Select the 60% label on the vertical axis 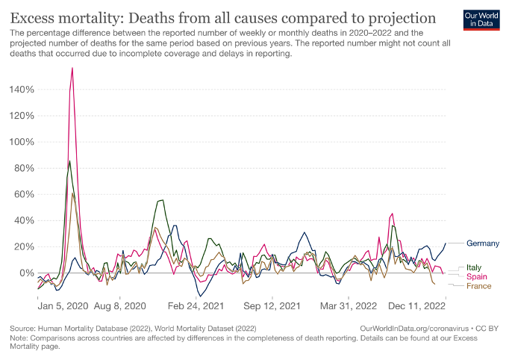[23, 194]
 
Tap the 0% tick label [26, 273]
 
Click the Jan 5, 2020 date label [62, 305]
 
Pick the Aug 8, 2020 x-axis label [121, 305]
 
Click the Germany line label [483, 243]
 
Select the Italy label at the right [474, 267]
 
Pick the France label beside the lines [478, 286]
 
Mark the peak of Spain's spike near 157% [72, 68]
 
